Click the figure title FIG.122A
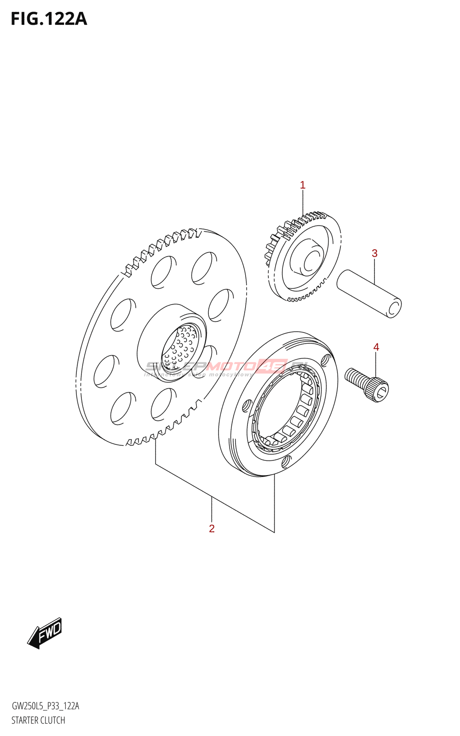pyautogui.click(x=49, y=19)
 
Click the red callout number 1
pyautogui.click(x=303, y=185)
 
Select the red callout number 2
pyautogui.click(x=212, y=529)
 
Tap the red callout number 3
pyautogui.click(x=374, y=253)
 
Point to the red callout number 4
pyautogui.click(x=376, y=347)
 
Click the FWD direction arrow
pyautogui.click(x=45, y=633)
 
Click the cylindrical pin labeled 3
pyautogui.click(x=369, y=293)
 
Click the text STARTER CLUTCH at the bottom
pyautogui.click(x=38, y=720)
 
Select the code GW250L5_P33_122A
pyautogui.click(x=45, y=706)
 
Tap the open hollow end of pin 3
pyautogui.click(x=394, y=308)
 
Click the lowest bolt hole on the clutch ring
pyautogui.click(x=287, y=460)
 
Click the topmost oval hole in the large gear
pyautogui.click(x=203, y=267)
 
